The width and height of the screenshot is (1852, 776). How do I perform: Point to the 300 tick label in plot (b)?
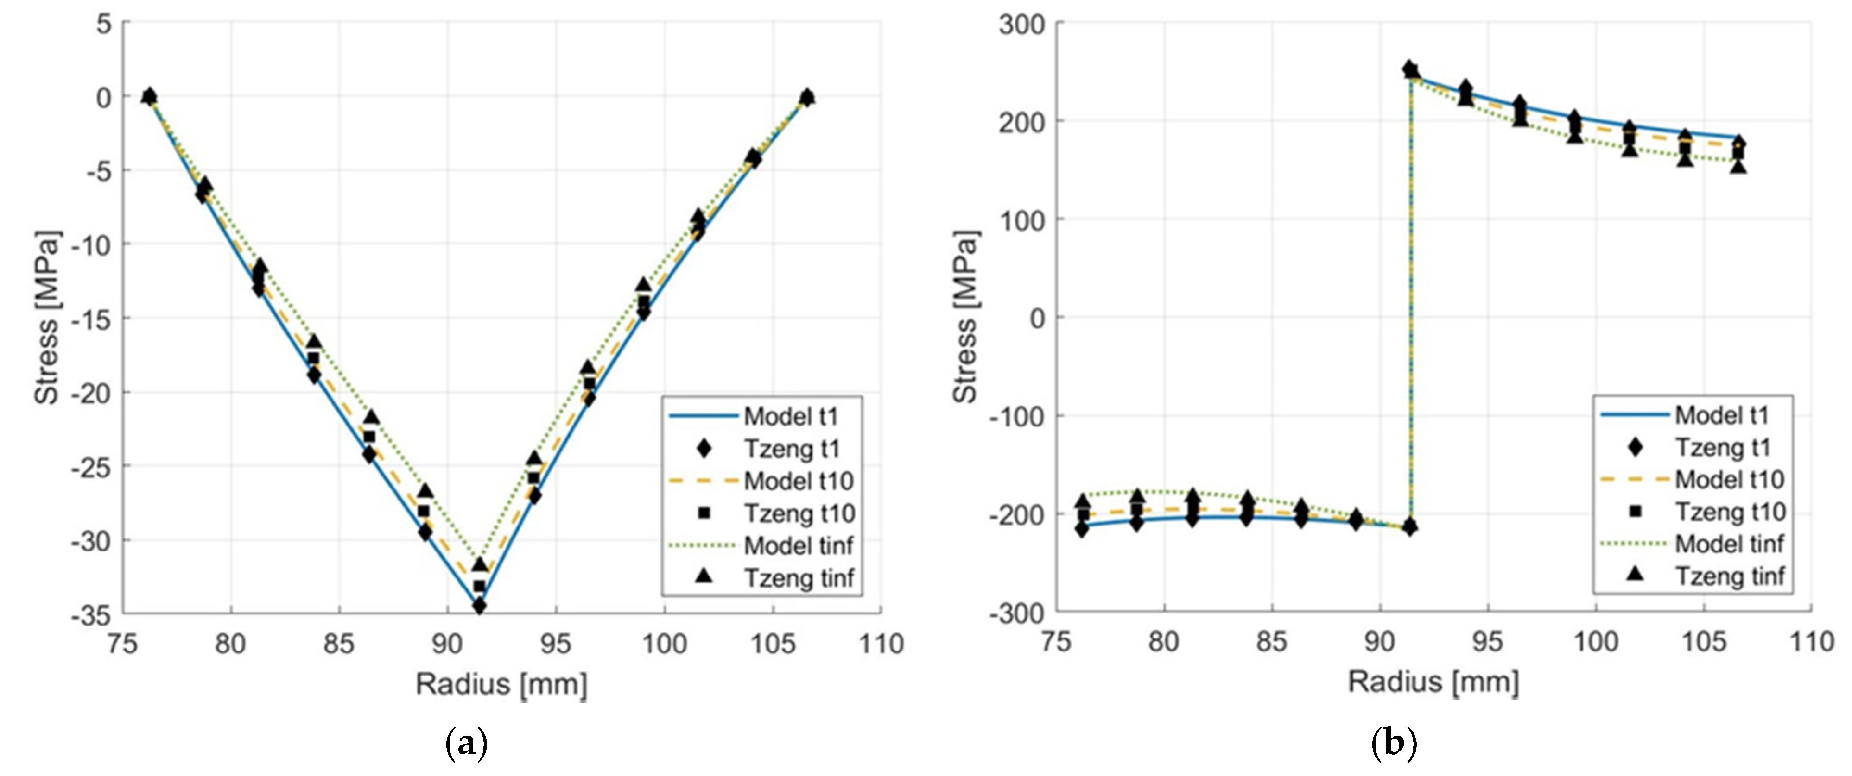pyautogui.click(x=1021, y=25)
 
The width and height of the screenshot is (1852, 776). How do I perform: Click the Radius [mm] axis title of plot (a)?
pyautogui.click(x=501, y=684)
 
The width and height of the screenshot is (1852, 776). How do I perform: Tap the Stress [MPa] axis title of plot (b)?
pyautogui.click(x=965, y=317)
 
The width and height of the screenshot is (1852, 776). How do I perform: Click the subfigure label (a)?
pyautogui.click(x=467, y=744)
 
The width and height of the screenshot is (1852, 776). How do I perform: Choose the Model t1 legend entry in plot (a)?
pyautogui.click(x=762, y=416)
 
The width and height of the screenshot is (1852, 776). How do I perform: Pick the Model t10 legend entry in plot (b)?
pyautogui.click(x=1693, y=479)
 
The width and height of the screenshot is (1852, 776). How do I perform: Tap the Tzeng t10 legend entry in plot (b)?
pyautogui.click(x=1693, y=512)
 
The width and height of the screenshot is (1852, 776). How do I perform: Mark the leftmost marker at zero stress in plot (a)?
pyautogui.click(x=150, y=95)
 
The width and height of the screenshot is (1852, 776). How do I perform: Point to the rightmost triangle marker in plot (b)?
pyautogui.click(x=1738, y=167)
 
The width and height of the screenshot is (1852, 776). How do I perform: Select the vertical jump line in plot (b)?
pyautogui.click(x=1411, y=302)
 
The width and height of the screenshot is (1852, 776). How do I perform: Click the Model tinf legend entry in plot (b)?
pyautogui.click(x=1693, y=544)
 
